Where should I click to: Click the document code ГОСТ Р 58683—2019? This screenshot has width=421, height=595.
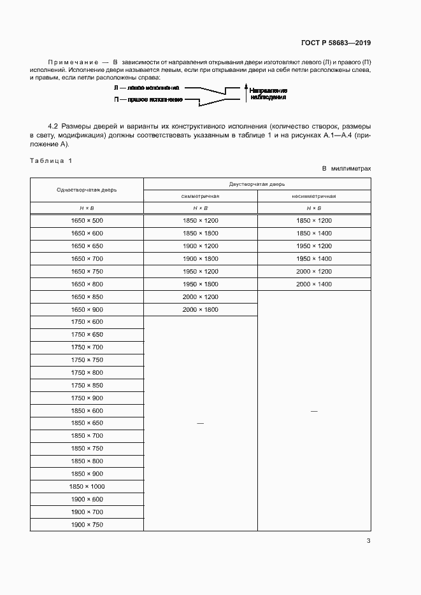[x=335, y=43]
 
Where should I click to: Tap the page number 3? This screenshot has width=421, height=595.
[x=368, y=541]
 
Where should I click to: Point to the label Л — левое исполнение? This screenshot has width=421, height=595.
[x=146, y=88]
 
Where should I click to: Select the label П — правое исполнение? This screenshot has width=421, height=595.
[x=148, y=100]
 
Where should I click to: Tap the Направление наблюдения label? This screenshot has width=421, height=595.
[x=268, y=94]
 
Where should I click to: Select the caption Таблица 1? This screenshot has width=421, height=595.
[x=51, y=160]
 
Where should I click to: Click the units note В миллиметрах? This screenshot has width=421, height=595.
[x=346, y=169]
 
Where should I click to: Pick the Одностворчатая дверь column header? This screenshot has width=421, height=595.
[x=87, y=190]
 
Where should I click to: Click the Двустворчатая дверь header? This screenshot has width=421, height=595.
[x=257, y=183]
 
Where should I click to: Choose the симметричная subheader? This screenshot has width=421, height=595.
[x=201, y=196]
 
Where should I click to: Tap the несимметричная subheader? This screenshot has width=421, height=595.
[x=314, y=196]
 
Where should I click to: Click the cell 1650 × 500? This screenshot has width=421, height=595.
[x=87, y=220]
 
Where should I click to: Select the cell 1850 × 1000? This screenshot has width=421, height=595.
[x=87, y=486]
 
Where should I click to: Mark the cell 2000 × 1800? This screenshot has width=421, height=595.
[x=201, y=309]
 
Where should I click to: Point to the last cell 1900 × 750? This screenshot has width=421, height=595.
[x=87, y=524]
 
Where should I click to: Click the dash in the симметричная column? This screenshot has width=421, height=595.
[x=201, y=423]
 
